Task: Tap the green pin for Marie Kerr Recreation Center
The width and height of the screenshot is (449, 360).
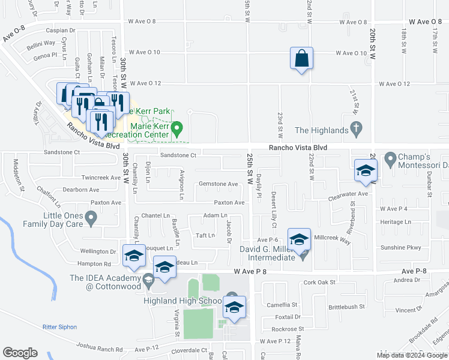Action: tap(177, 129)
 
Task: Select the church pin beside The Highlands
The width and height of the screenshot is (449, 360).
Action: tap(356, 129)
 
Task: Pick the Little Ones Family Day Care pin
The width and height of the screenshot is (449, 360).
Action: tap(91, 218)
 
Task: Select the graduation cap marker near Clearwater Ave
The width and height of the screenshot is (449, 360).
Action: tap(366, 171)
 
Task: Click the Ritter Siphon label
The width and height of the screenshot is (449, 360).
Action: tap(61, 326)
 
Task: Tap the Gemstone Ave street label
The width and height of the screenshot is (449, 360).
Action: tap(218, 184)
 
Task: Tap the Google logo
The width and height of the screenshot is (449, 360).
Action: tap(20, 353)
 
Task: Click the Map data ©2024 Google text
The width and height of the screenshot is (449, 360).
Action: tap(411, 355)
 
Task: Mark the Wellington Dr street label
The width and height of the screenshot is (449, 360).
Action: tap(98, 251)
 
